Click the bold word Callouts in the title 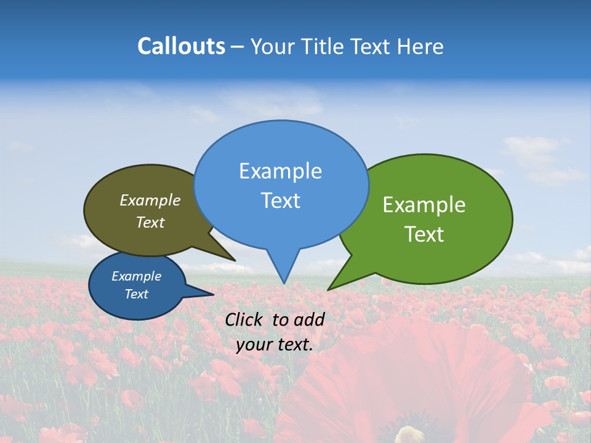(x=181, y=46)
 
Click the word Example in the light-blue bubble (x=280, y=171)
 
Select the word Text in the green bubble (x=424, y=234)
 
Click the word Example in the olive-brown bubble (x=150, y=200)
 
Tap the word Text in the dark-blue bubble (x=137, y=294)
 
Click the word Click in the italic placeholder (x=245, y=319)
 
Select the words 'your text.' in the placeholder (x=275, y=345)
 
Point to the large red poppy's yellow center (x=409, y=434)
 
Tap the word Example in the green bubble (x=424, y=205)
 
